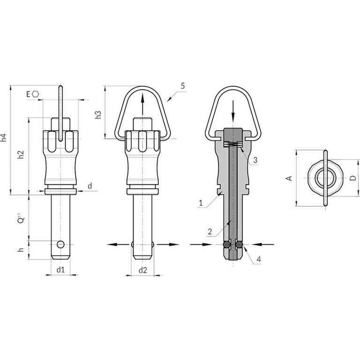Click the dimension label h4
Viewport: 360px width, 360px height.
click(4, 137)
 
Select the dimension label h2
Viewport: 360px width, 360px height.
click(21, 155)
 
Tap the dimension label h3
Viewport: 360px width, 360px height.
click(98, 115)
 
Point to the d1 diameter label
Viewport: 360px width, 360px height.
click(60, 270)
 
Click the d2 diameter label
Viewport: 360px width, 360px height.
click(143, 270)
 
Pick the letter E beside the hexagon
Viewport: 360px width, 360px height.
click(28, 94)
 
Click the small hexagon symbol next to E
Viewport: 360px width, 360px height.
click(35, 94)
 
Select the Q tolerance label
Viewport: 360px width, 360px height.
click(21, 218)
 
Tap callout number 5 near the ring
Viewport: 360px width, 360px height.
click(182, 86)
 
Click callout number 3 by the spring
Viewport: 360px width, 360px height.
click(255, 160)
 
